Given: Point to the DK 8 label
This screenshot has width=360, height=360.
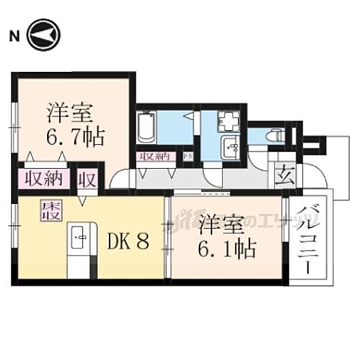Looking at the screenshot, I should click(x=128, y=240).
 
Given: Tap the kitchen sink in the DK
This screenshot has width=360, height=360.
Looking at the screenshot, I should click(x=80, y=235).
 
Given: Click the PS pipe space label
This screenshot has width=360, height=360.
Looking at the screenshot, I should click(x=187, y=156).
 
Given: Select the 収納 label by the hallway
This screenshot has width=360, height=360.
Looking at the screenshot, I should click(x=156, y=155).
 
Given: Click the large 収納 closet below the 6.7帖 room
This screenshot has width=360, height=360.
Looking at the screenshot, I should click(x=41, y=177).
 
